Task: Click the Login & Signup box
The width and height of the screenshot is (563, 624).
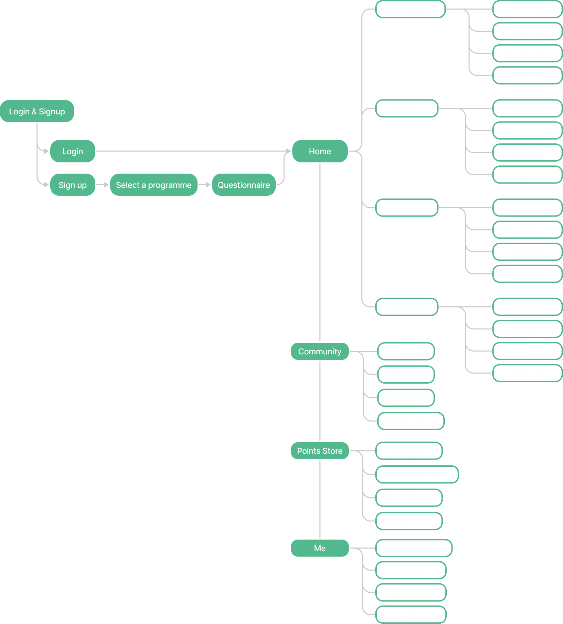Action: [37, 111]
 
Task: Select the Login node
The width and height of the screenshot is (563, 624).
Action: [72, 151]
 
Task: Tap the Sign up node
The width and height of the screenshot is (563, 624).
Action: [72, 185]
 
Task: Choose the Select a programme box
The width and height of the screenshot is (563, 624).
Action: [154, 185]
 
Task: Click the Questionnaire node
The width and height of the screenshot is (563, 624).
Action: [244, 185]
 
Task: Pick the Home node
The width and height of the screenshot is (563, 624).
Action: [320, 151]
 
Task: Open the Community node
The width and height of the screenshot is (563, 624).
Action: [320, 351]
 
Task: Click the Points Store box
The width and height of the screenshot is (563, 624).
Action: [320, 451]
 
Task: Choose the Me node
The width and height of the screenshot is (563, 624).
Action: [320, 548]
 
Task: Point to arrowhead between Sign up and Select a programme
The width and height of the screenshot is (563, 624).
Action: [106, 185]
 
